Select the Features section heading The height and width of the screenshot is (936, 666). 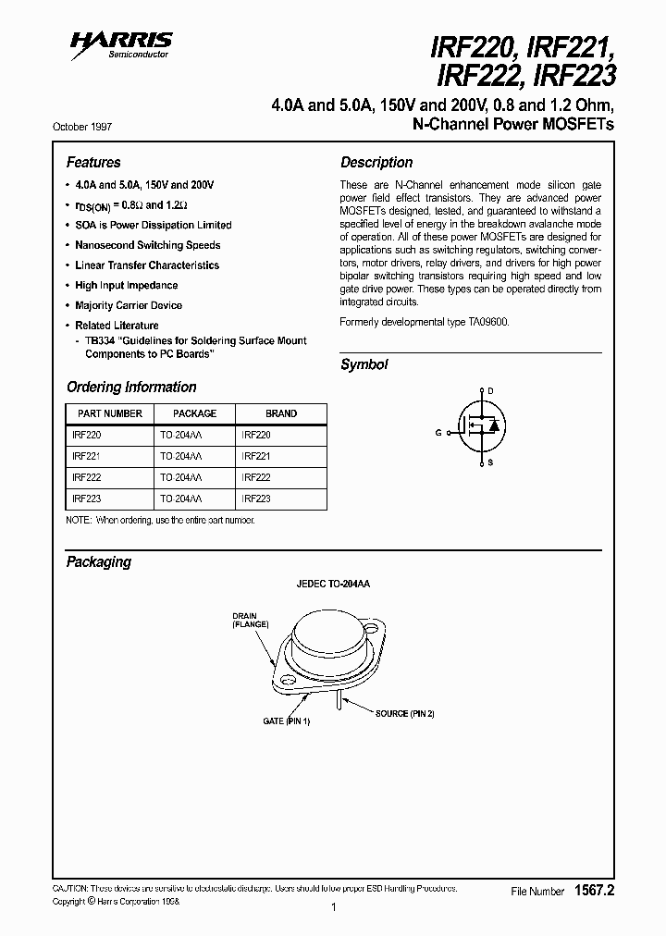point(93,162)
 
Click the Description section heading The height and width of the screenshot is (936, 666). point(376,162)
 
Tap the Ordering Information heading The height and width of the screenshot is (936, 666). point(131,387)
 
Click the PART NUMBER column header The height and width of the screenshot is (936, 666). point(109,413)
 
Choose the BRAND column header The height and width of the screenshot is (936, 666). point(281,413)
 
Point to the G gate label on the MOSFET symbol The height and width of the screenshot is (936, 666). point(438,432)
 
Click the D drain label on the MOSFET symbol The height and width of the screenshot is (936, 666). point(490,391)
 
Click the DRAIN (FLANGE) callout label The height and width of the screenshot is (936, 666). point(250,620)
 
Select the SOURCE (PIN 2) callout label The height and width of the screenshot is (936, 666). point(404,713)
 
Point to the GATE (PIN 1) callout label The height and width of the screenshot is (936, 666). point(287,720)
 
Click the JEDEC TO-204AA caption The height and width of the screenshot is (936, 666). point(333,585)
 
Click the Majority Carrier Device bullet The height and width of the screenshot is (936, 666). point(129,305)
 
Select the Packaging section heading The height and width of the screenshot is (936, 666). point(99,561)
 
